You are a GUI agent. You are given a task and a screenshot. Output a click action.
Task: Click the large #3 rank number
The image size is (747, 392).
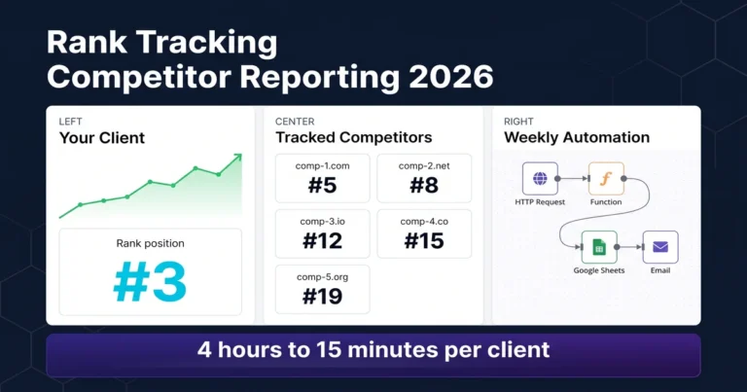149,281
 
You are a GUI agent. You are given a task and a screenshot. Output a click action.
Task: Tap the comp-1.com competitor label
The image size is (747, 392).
322,165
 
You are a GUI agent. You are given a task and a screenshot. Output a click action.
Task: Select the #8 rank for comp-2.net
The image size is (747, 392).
423,184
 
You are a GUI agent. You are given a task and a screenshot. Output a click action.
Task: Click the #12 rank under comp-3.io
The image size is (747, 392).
322,239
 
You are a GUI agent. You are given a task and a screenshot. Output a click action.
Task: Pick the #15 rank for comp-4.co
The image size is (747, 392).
423,239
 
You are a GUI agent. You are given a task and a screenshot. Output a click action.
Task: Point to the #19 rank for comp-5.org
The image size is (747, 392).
322,295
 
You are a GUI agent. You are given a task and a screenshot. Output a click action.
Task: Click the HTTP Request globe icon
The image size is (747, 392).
540,180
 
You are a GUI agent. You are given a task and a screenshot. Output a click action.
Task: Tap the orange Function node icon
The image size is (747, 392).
605,180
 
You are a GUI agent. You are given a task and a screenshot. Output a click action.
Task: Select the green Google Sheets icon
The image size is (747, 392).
599,248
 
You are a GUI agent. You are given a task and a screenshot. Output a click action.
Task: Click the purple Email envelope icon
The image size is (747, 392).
660,248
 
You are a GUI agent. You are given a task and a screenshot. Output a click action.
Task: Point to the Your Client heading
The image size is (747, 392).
102,138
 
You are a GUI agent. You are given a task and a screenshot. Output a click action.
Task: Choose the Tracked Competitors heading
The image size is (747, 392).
354,138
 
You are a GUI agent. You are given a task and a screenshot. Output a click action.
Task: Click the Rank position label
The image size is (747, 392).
150,243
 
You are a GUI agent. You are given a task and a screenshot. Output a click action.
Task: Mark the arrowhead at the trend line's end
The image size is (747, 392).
236,158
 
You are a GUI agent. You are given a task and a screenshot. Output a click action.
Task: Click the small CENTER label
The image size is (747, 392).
295,122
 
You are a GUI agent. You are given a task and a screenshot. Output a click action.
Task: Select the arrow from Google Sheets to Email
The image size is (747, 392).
630,248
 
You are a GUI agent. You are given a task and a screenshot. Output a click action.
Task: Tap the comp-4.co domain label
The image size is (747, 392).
423,221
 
